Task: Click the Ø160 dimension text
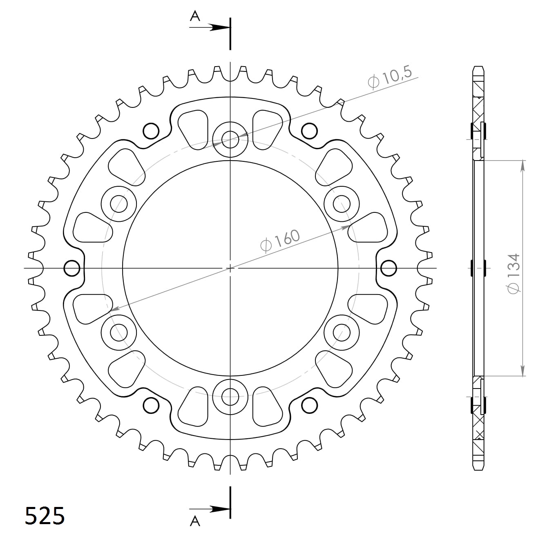(280, 241)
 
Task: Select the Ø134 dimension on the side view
(513, 273)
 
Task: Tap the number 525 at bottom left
(45, 516)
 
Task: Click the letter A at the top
(195, 16)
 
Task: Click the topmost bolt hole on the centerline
(230, 139)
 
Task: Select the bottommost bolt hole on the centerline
(230, 396)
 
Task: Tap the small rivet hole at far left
(72, 268)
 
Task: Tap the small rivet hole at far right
(388, 268)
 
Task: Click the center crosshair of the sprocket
(230, 268)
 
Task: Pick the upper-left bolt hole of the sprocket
(119, 203)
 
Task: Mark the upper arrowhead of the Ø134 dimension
(522, 165)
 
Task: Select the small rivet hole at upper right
(309, 131)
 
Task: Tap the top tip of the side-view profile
(479, 67)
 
